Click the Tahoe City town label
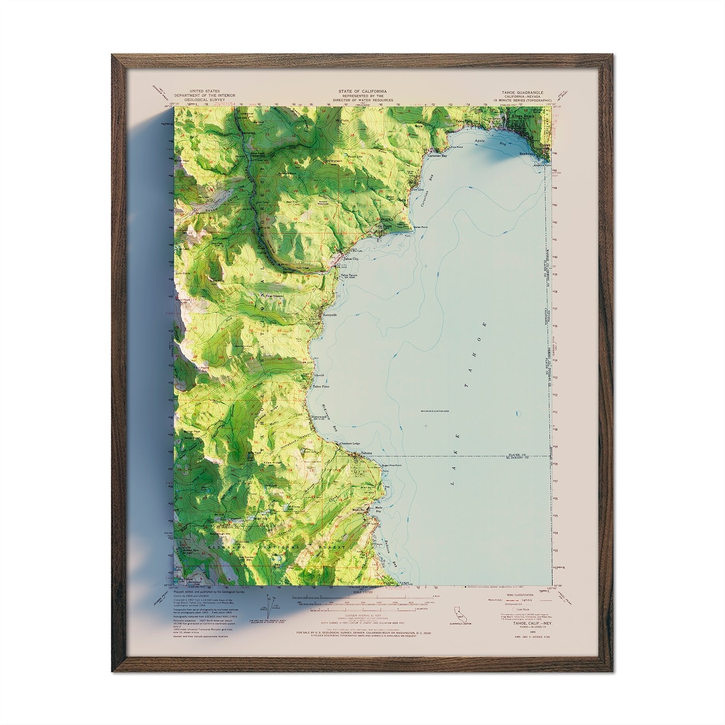351,259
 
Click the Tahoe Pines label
322,387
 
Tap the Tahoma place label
366,453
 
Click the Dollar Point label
420,227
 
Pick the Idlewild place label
319,376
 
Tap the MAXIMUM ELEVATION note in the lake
434,411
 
